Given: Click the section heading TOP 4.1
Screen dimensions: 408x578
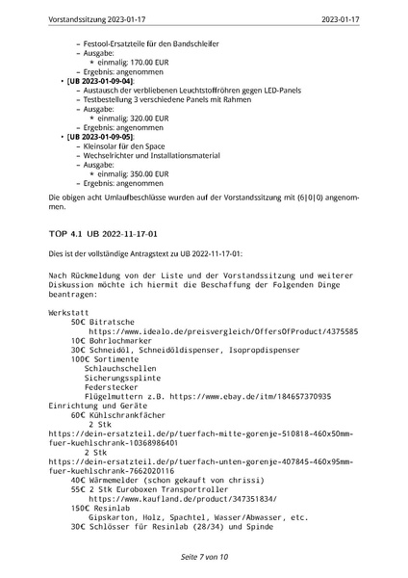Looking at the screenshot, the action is [64, 233].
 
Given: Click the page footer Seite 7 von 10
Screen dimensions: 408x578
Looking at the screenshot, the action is [203, 557].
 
